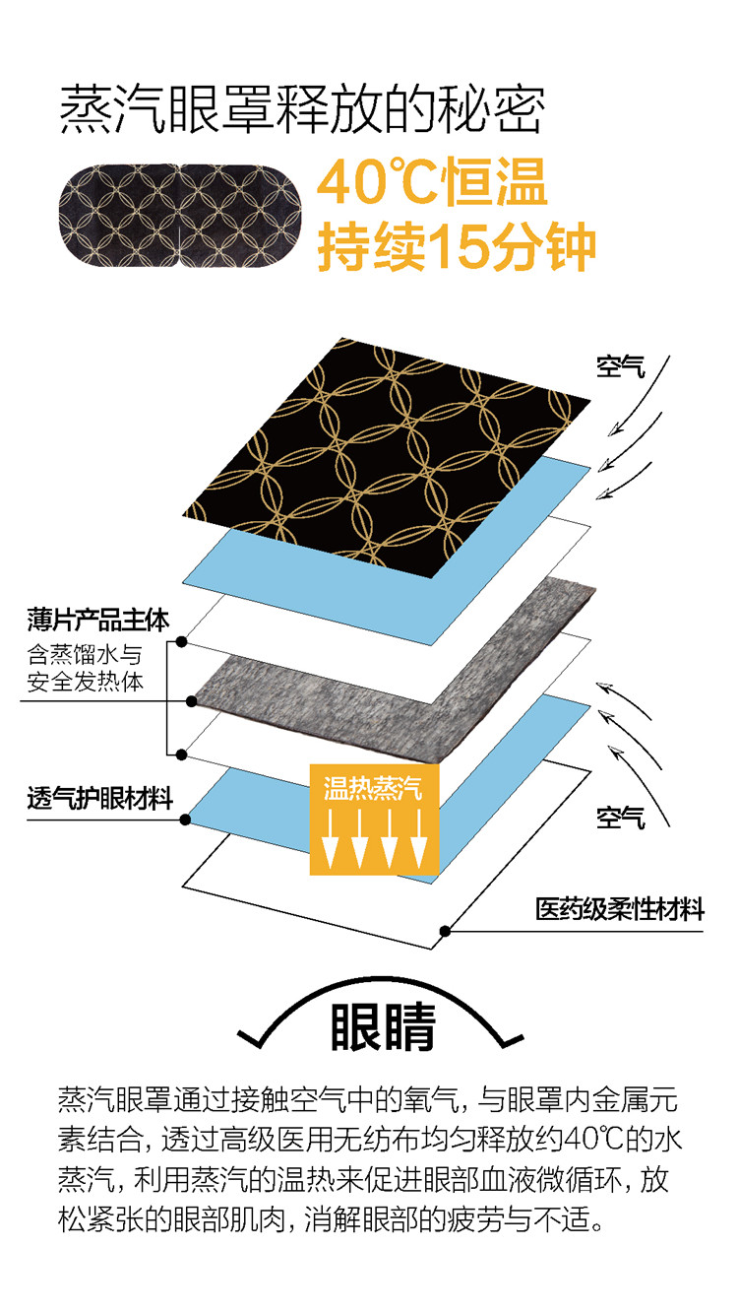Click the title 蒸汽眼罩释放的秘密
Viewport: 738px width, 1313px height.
300,108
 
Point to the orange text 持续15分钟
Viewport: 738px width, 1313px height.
456,246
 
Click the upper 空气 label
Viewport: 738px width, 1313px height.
621,366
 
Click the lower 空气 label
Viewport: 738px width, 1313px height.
621,817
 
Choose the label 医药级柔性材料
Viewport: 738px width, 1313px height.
620,908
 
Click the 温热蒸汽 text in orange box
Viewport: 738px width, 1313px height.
373,787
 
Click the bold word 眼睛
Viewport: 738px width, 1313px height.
383,1028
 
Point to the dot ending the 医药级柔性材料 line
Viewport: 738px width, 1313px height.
446,930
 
